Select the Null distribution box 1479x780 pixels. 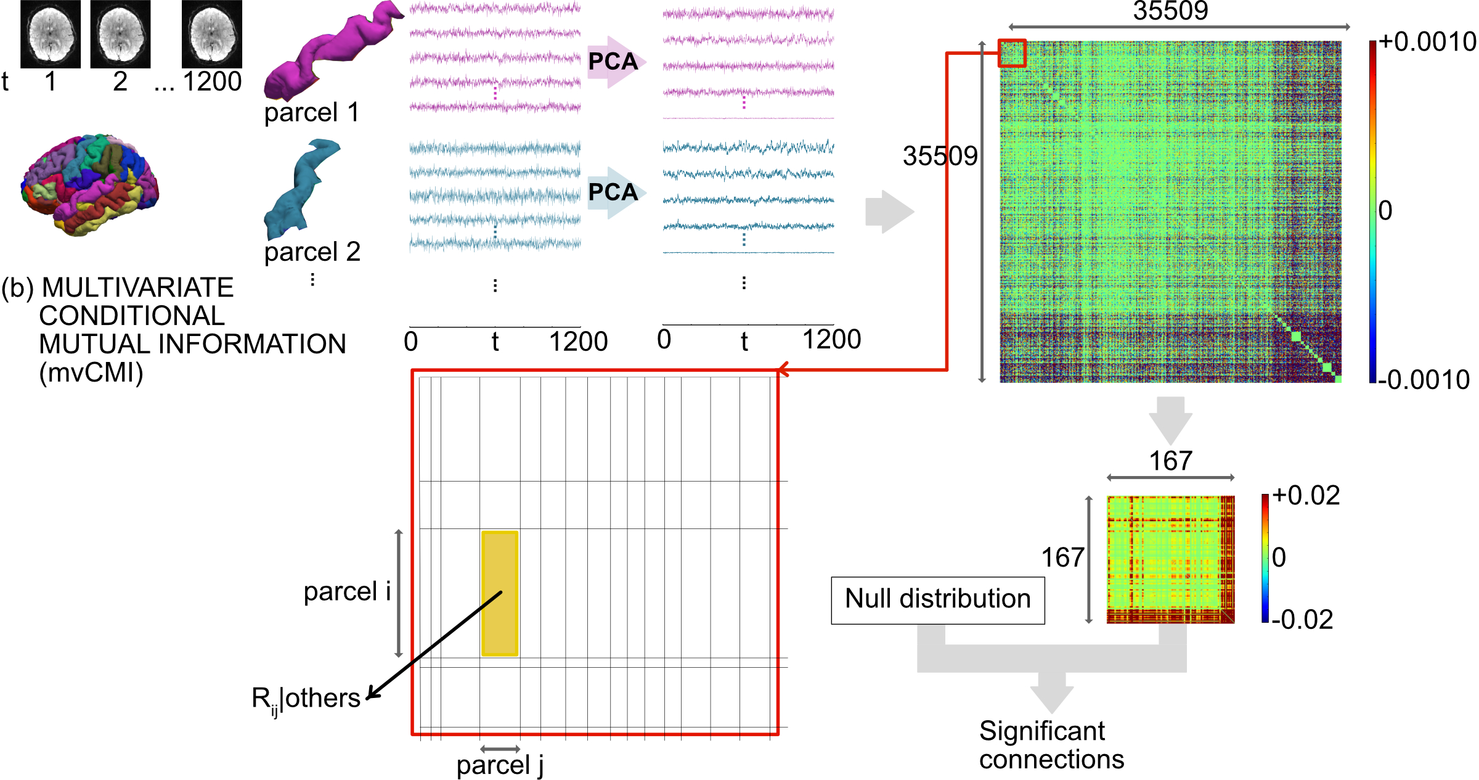click(937, 600)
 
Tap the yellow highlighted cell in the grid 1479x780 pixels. click(500, 593)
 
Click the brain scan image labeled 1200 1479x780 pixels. click(211, 34)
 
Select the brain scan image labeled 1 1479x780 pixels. click(51, 34)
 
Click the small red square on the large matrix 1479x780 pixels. click(1012, 53)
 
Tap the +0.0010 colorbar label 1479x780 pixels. click(1427, 42)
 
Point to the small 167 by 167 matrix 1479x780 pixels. click(1170, 559)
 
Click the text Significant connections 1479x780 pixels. click(1051, 745)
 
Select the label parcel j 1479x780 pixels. click(500, 765)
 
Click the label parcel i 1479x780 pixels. click(347, 591)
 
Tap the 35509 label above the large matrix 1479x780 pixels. click(1170, 11)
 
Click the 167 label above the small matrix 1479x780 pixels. click(1170, 461)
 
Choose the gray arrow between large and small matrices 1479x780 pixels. click(1170, 419)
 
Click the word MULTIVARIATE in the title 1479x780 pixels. click(137, 288)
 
